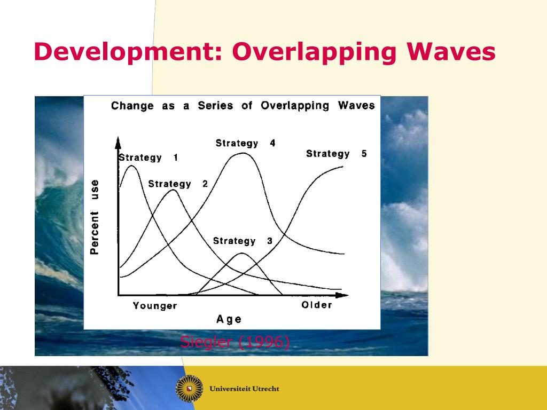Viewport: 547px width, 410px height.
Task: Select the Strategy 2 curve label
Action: pyautogui.click(x=178, y=184)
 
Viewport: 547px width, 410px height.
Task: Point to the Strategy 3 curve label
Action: pyautogui.click(x=243, y=241)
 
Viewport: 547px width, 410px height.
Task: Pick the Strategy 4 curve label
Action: pyautogui.click(x=245, y=143)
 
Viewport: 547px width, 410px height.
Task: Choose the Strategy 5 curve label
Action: pyautogui.click(x=336, y=154)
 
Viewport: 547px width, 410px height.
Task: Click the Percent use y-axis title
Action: pyautogui.click(x=95, y=216)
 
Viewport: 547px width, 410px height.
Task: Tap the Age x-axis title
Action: pyautogui.click(x=229, y=319)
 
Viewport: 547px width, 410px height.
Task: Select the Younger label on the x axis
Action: pyautogui.click(x=155, y=306)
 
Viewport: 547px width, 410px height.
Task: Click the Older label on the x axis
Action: pyautogui.click(x=317, y=305)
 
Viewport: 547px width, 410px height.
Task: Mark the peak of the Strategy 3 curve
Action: pyautogui.click(x=241, y=253)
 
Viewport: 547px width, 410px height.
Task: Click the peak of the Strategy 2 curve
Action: pyautogui.click(x=170, y=190)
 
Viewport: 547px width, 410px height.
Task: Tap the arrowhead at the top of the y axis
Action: pyautogui.click(x=118, y=142)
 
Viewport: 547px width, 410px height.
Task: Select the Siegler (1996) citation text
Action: pyautogui.click(x=235, y=342)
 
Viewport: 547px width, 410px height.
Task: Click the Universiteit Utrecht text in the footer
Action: pyautogui.click(x=245, y=389)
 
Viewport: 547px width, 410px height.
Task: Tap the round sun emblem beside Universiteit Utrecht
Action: pyautogui.click(x=189, y=389)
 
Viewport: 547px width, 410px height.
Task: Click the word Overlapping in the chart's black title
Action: pyautogui.click(x=295, y=105)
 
